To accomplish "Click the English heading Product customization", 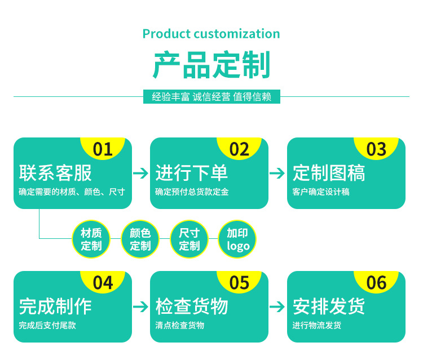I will click(x=211, y=34).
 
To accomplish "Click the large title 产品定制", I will click(x=211, y=65).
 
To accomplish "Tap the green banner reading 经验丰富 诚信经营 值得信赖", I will click(x=211, y=97).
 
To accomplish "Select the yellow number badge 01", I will click(x=103, y=149).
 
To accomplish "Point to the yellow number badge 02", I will click(x=240, y=149).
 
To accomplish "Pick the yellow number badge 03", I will click(x=376, y=149).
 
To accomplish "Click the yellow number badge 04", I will click(x=103, y=282).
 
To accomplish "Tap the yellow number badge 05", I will click(x=240, y=282).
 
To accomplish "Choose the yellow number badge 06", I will click(x=376, y=282).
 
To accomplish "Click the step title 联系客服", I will click(x=55, y=173).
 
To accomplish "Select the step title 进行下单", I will click(x=192, y=173).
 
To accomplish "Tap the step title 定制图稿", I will click(x=329, y=173).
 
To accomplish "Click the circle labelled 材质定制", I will click(x=91, y=239).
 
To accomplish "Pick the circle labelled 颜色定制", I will click(x=140, y=239).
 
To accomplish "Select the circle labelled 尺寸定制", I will click(x=189, y=239).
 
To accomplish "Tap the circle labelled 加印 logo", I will click(x=237, y=239).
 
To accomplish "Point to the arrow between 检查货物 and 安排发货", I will click(x=277, y=307).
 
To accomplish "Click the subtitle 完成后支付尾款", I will click(x=47, y=325).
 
